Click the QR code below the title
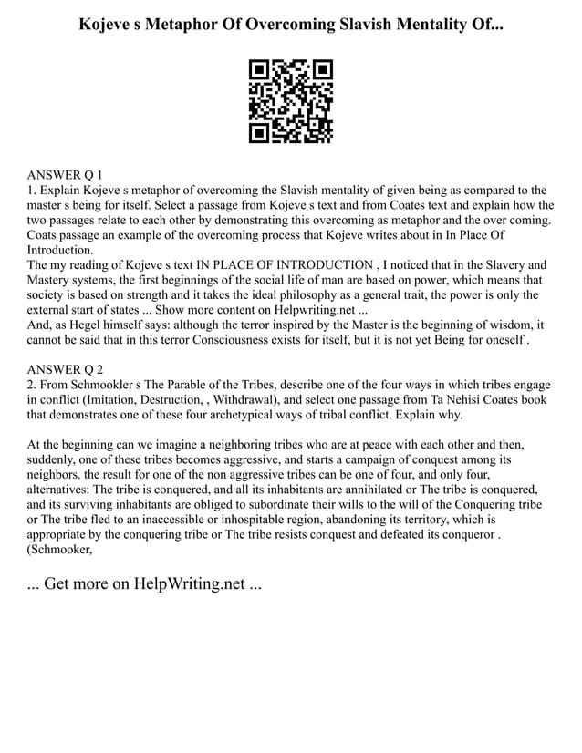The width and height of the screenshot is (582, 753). point(290,101)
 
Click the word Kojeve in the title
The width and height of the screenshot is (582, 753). point(109,21)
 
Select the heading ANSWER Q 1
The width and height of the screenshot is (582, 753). point(65,174)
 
